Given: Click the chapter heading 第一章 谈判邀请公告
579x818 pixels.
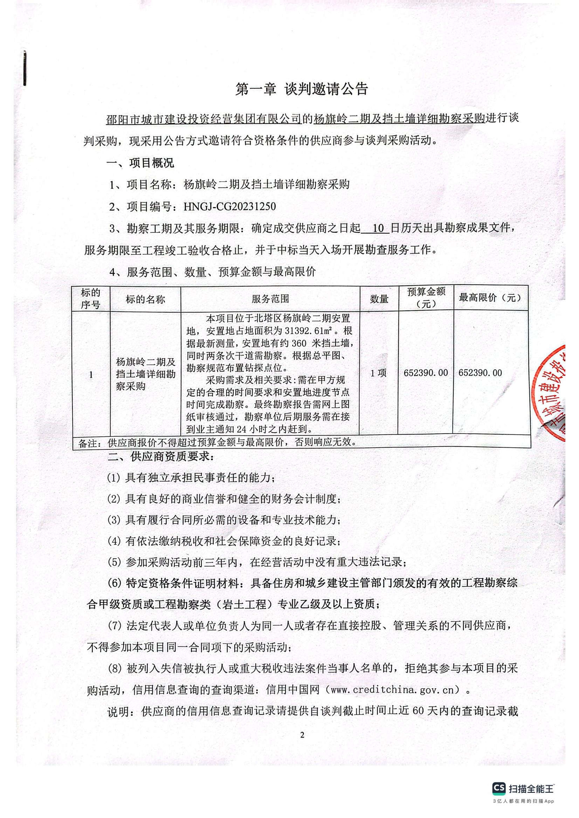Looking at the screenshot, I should pos(302,90).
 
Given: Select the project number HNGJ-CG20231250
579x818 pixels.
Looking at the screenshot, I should pos(229,207).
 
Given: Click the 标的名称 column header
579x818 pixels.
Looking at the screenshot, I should pos(145,299).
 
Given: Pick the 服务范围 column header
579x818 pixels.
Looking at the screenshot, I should pos(270,299).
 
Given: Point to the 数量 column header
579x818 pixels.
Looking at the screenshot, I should pos(379,299).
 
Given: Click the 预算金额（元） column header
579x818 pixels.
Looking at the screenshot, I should pos(426,298).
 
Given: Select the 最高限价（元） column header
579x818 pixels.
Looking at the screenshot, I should pos(490,298).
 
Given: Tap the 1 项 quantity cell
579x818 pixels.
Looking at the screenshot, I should pos(379,373).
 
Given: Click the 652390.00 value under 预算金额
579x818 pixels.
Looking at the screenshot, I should pos(426,373).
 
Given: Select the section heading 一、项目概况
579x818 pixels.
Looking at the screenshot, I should pos(140,163).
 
